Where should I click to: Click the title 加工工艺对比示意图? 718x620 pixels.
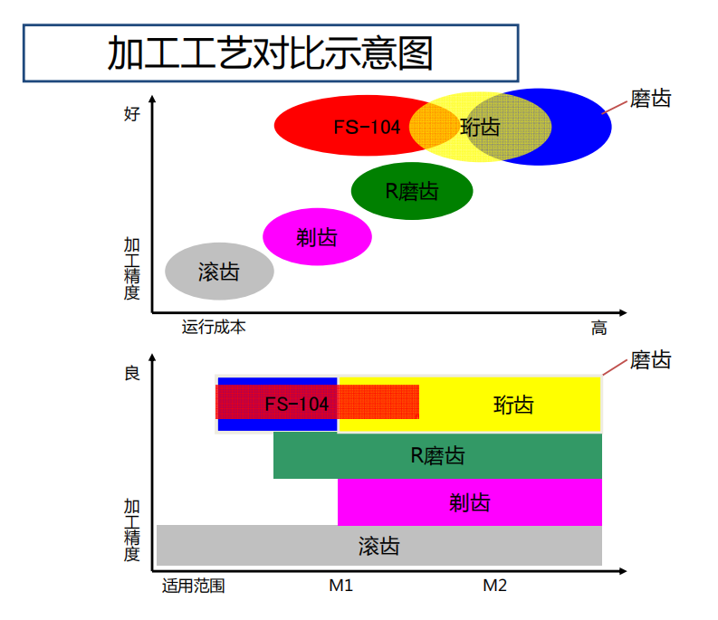point(270,53)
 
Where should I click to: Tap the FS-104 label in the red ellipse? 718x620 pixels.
point(367,128)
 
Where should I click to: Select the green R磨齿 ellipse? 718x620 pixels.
point(412,191)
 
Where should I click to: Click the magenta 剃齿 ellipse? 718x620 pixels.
point(317,237)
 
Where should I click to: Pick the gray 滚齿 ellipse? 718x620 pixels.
point(219,271)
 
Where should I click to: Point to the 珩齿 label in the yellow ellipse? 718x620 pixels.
point(480,127)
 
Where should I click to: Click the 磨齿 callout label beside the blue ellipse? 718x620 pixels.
point(650,99)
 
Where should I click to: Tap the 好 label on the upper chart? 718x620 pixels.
point(132,114)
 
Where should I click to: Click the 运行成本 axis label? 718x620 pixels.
point(214,327)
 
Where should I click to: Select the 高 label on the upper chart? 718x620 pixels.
point(599,328)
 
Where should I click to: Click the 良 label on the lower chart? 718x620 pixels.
point(132,373)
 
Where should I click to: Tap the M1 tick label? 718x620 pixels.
point(340,586)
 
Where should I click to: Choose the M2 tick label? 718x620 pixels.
point(494,586)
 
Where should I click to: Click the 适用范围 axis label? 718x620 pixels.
point(193,586)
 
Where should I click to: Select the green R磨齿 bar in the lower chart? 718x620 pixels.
point(437,455)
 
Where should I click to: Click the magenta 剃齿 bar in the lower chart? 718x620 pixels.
point(470,501)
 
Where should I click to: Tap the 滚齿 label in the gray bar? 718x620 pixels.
point(378,547)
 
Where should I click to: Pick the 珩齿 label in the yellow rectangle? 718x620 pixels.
point(513,405)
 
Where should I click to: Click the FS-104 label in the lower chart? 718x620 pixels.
point(297,404)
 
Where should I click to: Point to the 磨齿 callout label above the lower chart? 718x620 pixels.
point(650,360)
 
